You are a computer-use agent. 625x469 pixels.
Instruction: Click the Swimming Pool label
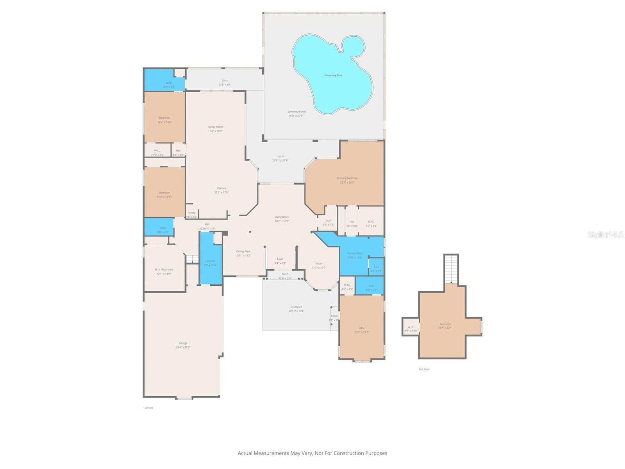coord(333,75)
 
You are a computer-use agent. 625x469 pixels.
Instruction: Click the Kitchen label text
coord(221,188)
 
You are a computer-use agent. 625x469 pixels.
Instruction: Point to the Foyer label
coord(280,259)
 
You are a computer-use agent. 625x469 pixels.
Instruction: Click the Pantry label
coord(191,213)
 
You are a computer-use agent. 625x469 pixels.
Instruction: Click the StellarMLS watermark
coord(605,234)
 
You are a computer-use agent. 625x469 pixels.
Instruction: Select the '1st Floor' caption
coord(148,408)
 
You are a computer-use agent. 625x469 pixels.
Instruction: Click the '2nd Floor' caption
coord(424,369)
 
